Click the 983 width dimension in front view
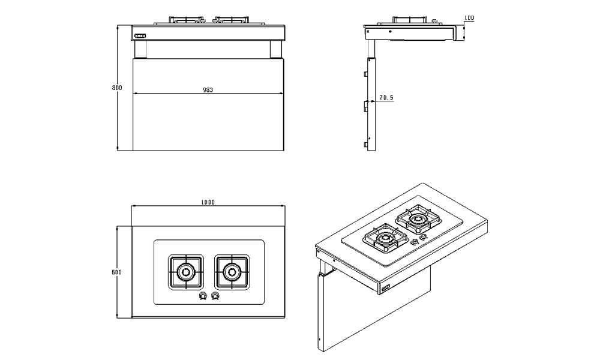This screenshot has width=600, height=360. tap(208, 90)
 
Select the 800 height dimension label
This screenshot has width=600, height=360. tap(117, 88)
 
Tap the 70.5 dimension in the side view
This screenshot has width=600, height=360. tap(386, 97)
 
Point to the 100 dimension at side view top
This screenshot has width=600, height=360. tap(469, 19)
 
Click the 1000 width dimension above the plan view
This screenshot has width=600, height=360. tap(208, 203)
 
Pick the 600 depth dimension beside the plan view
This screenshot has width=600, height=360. tap(117, 272)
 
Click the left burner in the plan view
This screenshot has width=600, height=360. tap(186, 272)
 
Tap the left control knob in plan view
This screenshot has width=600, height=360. tap(203, 296)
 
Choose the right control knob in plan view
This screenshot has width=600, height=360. tap(215, 296)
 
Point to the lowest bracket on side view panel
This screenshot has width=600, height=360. tap(365, 145)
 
